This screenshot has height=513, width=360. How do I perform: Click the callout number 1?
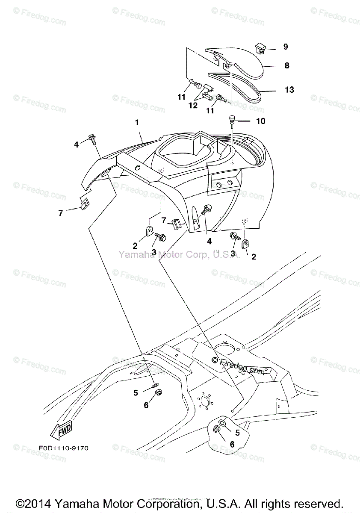(x=137, y=122)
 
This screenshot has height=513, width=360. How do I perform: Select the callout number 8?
(x=287, y=66)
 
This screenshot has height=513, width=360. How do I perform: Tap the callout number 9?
(x=285, y=47)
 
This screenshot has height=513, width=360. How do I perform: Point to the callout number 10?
(x=260, y=121)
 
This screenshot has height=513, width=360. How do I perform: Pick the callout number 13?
(x=289, y=90)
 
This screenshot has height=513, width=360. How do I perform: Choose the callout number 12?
(x=193, y=105)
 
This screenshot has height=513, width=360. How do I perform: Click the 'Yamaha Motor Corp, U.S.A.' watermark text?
(x=179, y=255)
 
